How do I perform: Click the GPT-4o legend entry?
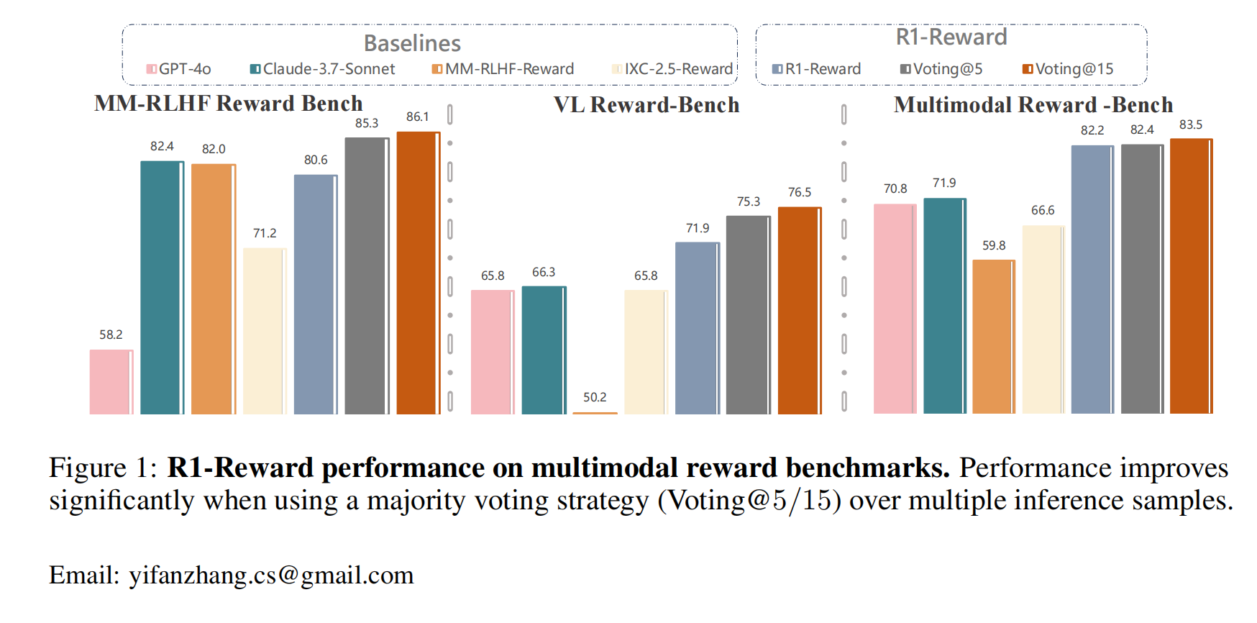tap(178, 69)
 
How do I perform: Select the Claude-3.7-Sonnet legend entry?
tap(322, 69)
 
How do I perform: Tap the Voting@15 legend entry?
tap(1068, 69)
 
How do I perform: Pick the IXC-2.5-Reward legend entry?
tap(672, 69)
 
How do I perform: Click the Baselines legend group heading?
tap(412, 43)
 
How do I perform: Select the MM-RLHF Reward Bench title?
tap(228, 104)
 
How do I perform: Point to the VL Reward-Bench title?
tap(646, 105)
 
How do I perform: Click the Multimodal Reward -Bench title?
tap(1033, 105)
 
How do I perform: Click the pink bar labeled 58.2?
tap(111, 382)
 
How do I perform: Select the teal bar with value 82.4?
tap(162, 288)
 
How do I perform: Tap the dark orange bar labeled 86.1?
tap(418, 273)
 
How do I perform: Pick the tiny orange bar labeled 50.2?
tap(595, 413)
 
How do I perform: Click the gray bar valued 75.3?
tap(748, 315)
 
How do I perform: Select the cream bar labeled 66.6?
tap(1043, 319)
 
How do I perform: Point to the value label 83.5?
tap(1190, 124)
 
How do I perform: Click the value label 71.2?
tap(264, 233)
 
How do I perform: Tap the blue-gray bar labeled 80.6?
tap(315, 294)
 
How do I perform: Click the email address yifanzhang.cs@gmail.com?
tap(271, 576)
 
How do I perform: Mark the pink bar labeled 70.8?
tap(895, 309)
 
